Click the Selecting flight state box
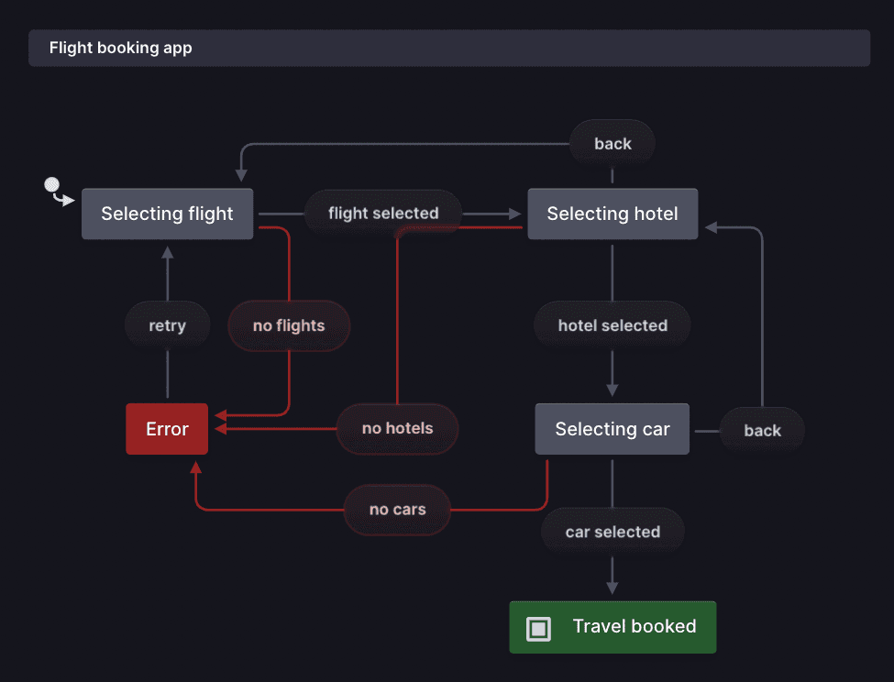click(x=167, y=214)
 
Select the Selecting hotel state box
click(x=613, y=214)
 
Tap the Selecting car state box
click(x=613, y=429)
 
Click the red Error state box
click(x=167, y=429)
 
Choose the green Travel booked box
click(x=613, y=627)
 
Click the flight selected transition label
click(x=383, y=214)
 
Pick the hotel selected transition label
click(x=613, y=325)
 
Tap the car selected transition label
click(x=613, y=532)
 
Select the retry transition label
click(x=167, y=325)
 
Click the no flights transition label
click(x=289, y=325)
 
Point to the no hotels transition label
click(x=397, y=428)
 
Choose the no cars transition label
click(x=397, y=510)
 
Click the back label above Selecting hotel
click(x=613, y=144)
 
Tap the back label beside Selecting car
click(x=762, y=430)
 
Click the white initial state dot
click(x=52, y=185)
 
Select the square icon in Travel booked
click(x=538, y=628)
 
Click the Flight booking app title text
click(x=120, y=48)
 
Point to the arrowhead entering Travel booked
click(x=613, y=588)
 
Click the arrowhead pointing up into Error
click(x=195, y=467)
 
